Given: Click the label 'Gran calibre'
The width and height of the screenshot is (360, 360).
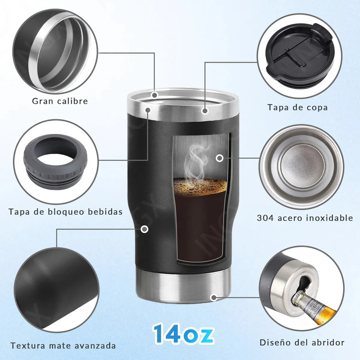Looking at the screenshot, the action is coord(60,101).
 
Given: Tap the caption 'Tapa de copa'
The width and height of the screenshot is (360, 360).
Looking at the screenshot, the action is coord(298,107).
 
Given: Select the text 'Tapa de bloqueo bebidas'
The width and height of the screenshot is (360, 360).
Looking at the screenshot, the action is coord(66,212).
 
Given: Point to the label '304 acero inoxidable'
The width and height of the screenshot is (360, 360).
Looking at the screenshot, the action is coord(305,218).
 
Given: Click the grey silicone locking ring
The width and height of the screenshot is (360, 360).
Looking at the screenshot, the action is coord(55,161).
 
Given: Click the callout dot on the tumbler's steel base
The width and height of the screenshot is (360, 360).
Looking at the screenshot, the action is coord(214,297).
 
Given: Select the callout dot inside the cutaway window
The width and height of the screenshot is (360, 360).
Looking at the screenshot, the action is coord(220,158).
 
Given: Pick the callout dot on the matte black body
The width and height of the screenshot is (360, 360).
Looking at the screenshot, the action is coord(144,229).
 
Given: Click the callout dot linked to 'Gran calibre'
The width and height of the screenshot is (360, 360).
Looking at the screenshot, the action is coord(154,95).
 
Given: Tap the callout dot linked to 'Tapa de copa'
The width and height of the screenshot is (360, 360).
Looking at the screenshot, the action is coord(205,111).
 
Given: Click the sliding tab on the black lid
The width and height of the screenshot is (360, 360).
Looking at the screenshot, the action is coord(295,58).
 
